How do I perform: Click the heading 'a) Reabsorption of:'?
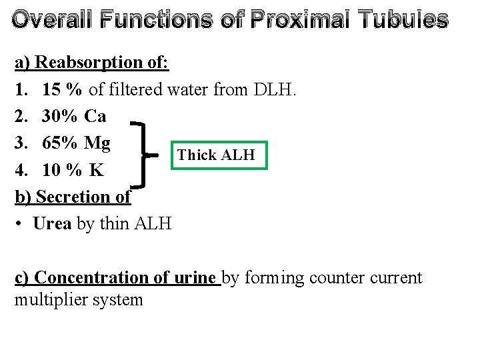[92, 63]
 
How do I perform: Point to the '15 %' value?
[63, 89]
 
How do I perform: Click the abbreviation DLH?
[275, 89]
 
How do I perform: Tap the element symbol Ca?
[95, 117]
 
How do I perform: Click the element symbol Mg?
[97, 144]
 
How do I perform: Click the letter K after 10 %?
[97, 171]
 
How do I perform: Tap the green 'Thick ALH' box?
[217, 155]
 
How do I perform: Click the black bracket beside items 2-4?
[146, 155]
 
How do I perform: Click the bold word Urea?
[52, 224]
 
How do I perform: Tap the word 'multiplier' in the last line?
[45, 300]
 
